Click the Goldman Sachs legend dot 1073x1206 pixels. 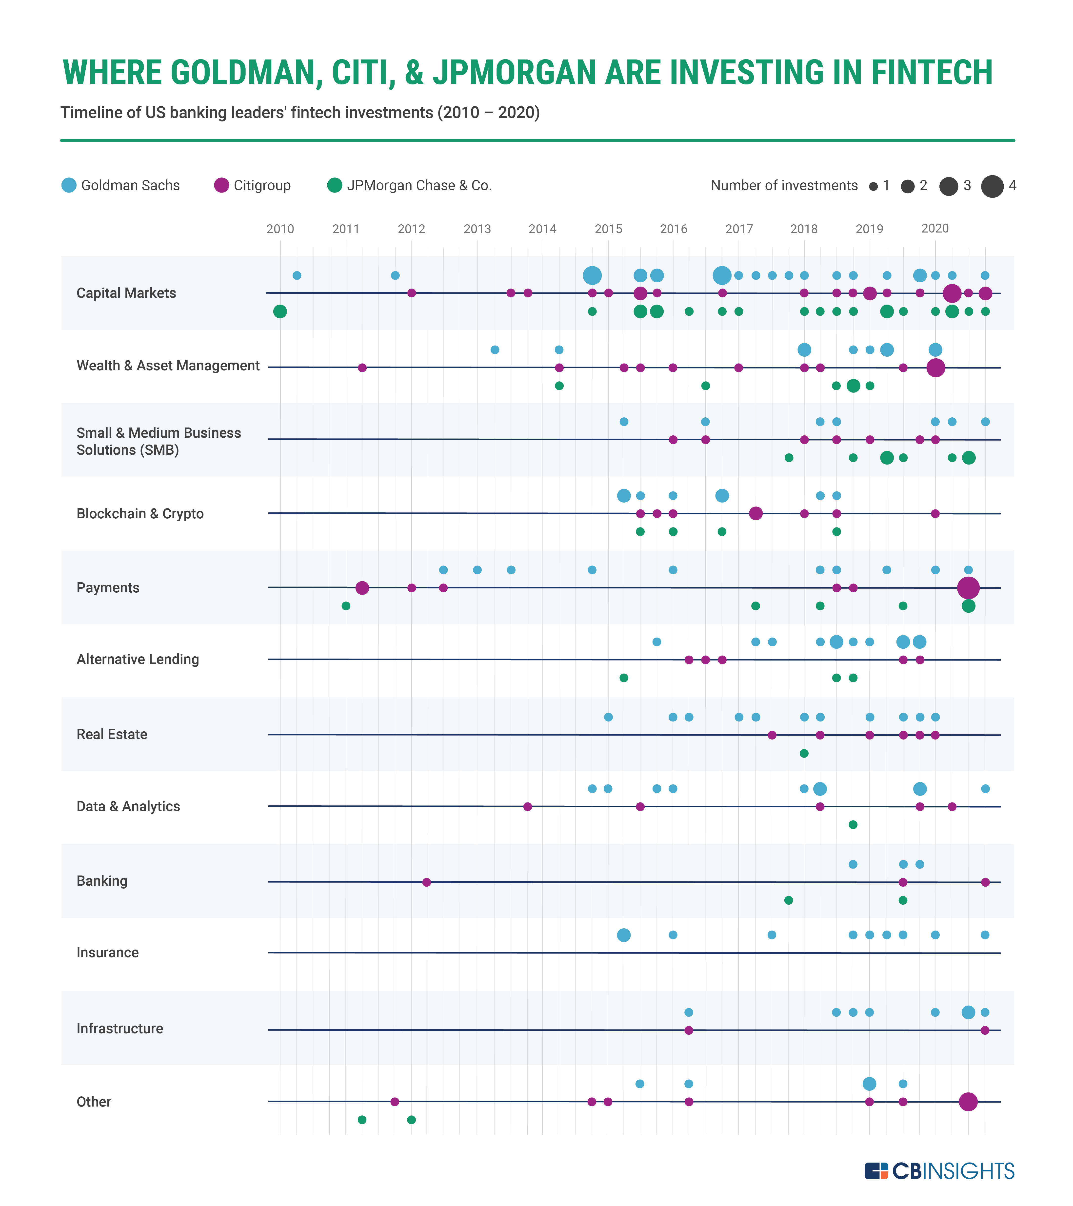click(x=69, y=185)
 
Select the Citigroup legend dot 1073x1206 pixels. click(x=221, y=185)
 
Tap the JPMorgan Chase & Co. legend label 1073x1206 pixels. click(x=419, y=185)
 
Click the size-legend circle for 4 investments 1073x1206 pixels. click(x=992, y=186)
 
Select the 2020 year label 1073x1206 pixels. click(x=935, y=228)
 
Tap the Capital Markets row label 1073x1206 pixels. click(x=126, y=293)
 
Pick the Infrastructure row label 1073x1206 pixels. click(x=120, y=1028)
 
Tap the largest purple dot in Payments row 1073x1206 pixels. click(x=968, y=588)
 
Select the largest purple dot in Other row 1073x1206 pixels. click(x=968, y=1102)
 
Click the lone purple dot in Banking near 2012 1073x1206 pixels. click(x=426, y=882)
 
